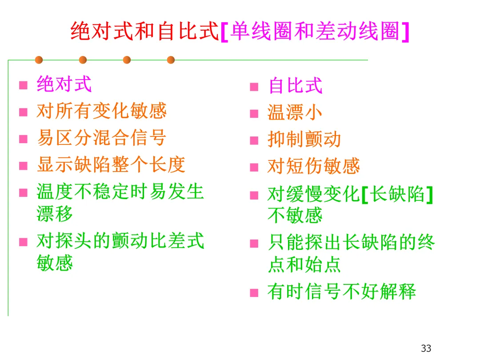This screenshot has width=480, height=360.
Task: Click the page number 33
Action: (x=426, y=348)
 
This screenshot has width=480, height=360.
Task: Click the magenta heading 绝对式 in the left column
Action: (x=64, y=84)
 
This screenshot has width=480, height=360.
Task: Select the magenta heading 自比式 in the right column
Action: (x=295, y=86)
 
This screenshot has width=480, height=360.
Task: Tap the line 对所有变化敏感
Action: (x=101, y=111)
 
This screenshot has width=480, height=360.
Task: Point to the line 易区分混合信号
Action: (x=101, y=138)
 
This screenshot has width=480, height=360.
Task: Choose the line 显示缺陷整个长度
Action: (x=111, y=165)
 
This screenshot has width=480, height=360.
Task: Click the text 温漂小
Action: (x=295, y=113)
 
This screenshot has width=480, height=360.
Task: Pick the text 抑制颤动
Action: (x=304, y=140)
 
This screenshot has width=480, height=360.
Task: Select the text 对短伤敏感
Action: (x=313, y=167)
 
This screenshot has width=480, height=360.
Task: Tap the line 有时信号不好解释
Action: (x=341, y=292)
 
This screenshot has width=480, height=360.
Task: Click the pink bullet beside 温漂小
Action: (x=254, y=114)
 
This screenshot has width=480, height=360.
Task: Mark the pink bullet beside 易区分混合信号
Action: (x=23, y=139)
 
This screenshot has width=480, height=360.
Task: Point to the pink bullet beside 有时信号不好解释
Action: (x=254, y=293)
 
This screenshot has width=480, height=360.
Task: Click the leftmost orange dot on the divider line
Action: (x=39, y=60)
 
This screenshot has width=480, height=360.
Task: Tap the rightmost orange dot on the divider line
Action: (x=171, y=60)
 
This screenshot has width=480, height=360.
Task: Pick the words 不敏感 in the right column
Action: (x=295, y=216)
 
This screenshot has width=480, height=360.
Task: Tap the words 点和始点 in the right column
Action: (x=304, y=265)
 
